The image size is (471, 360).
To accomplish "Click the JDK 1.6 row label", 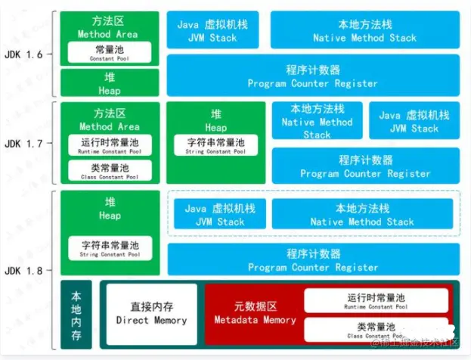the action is [28, 55].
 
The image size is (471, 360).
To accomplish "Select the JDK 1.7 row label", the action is [28, 144].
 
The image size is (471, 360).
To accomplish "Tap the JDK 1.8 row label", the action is [28, 270].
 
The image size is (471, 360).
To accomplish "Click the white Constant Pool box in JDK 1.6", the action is [110, 51].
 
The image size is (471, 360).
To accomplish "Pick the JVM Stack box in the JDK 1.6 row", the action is [214, 31].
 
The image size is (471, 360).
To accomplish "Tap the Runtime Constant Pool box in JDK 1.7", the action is [110, 144].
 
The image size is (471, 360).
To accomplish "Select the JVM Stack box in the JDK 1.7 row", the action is [414, 121].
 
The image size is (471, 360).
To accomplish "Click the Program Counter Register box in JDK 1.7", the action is [365, 166].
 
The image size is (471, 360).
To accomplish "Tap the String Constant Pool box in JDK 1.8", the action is [110, 247].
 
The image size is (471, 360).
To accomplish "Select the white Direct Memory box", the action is [151, 313].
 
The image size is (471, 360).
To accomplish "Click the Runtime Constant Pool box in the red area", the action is [375, 301].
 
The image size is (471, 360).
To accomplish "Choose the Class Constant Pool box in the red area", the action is [375, 329].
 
